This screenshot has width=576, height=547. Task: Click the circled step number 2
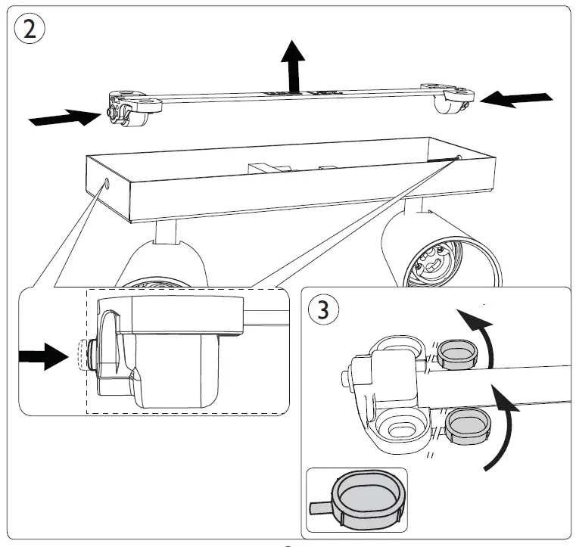tap(30, 29)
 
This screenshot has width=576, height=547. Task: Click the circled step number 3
tap(323, 309)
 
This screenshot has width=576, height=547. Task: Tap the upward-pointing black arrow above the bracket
tap(293, 66)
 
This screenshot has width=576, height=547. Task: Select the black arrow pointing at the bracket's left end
tap(65, 117)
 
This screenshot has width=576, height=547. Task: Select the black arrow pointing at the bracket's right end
tap(516, 100)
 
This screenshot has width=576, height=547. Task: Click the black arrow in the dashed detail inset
tap(44, 356)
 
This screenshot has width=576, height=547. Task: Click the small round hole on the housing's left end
tap(107, 182)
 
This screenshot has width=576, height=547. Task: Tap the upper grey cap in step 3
tap(457, 353)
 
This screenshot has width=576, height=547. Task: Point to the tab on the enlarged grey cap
tap(321, 508)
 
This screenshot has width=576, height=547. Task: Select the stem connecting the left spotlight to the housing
tap(166, 232)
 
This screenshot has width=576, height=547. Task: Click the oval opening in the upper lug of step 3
tap(399, 345)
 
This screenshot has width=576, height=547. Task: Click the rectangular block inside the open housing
tap(263, 169)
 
